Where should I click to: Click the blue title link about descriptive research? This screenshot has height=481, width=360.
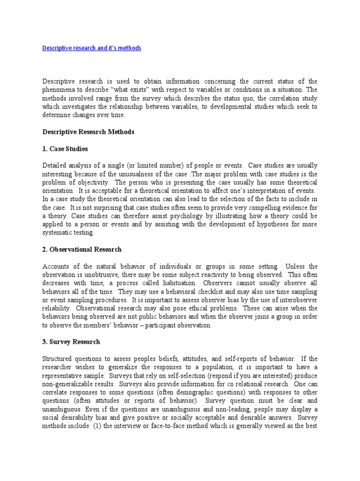point(91,48)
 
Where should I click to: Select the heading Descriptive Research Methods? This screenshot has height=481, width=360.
point(88,132)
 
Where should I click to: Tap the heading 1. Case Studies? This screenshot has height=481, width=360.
point(65,149)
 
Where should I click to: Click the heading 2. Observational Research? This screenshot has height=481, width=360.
point(82,249)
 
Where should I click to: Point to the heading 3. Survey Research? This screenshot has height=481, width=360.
point(71,341)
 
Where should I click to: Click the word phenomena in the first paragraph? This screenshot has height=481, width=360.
point(60,90)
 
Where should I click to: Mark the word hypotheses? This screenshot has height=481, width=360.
point(256,224)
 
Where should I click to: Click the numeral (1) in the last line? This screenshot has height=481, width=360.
point(97,426)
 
